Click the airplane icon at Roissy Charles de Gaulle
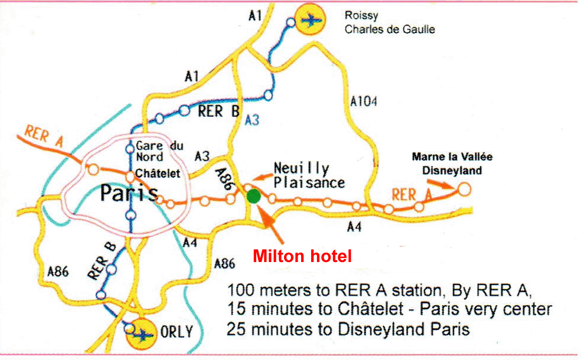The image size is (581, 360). [311, 20]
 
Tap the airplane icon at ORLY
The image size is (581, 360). [143, 333]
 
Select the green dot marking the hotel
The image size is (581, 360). [253, 196]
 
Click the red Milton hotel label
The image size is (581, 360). [302, 256]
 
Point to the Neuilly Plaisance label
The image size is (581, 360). [308, 175]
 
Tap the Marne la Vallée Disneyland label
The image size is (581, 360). [452, 164]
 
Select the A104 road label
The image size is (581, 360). [363, 102]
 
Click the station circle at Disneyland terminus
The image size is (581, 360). [465, 189]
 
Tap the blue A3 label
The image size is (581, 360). [252, 120]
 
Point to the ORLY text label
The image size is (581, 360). [177, 332]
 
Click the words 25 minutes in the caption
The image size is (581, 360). [263, 329]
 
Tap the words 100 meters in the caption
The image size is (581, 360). [263, 290]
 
